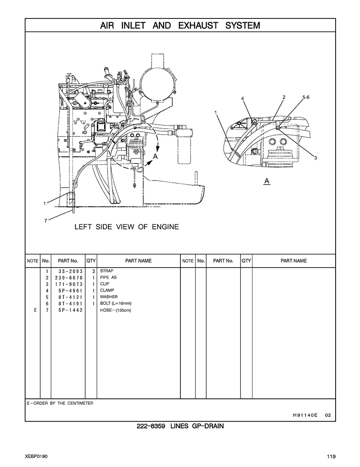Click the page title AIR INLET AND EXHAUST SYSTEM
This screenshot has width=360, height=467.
(x=180, y=25)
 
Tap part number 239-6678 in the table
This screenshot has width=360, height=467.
(x=67, y=277)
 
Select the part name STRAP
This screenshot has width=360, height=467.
(x=107, y=271)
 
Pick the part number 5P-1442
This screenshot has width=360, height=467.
(x=67, y=310)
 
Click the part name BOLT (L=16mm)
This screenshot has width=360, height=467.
(x=116, y=303)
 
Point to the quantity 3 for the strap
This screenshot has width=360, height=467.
(x=93, y=271)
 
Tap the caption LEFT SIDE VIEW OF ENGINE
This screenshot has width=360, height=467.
(x=126, y=226)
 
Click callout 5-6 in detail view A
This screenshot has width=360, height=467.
(x=306, y=97)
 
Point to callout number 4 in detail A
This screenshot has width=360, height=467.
(x=243, y=98)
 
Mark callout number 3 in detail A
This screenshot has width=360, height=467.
(x=315, y=158)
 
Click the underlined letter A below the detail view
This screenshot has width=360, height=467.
(x=267, y=181)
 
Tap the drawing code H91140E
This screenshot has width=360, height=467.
(x=305, y=415)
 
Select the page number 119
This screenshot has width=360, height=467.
(x=330, y=456)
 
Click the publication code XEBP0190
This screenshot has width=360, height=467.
(x=36, y=456)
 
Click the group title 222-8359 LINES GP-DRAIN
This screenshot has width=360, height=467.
(x=180, y=426)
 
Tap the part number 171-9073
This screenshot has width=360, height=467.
(x=67, y=284)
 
